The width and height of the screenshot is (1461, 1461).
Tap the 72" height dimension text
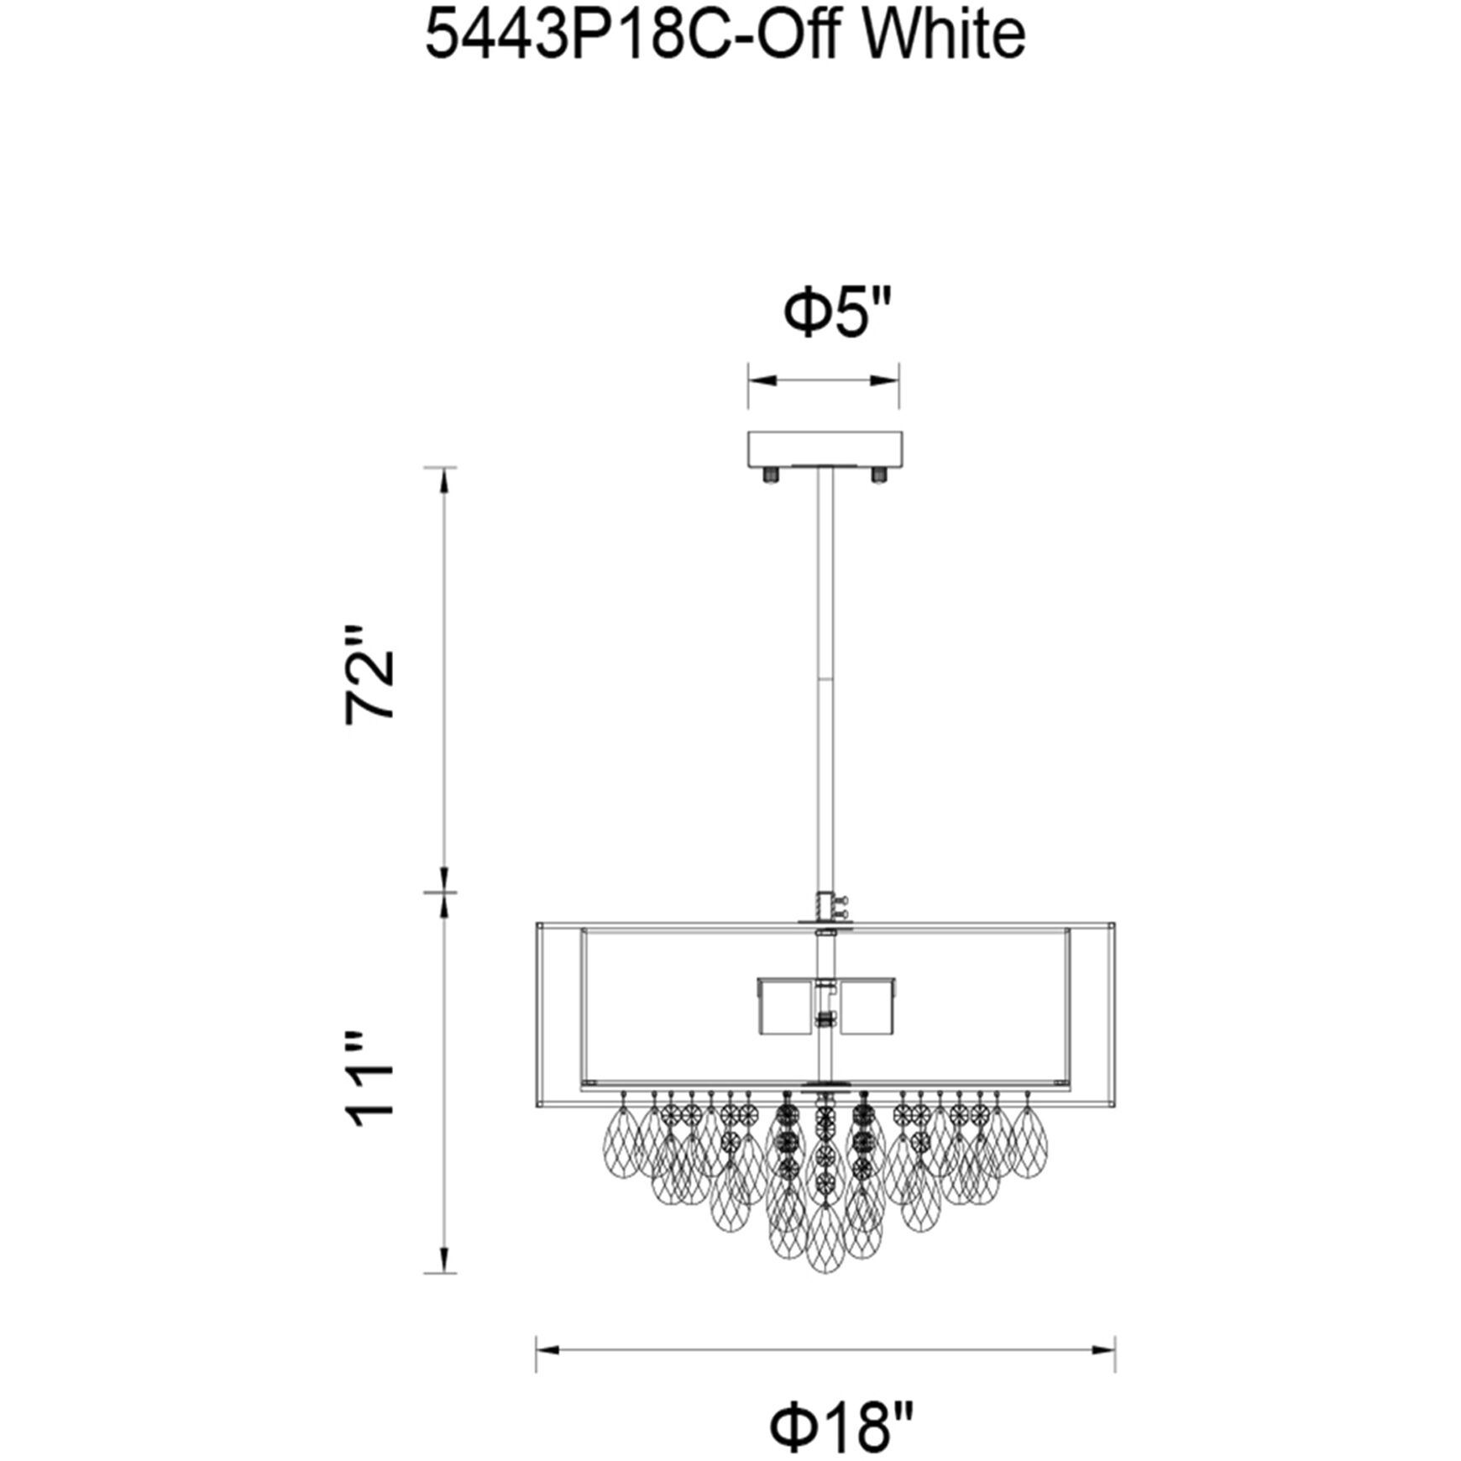[x=371, y=673]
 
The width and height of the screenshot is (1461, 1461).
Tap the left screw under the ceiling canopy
[x=769, y=475]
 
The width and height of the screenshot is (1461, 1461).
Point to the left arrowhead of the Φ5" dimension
[x=758, y=381]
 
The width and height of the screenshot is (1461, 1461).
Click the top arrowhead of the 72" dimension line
[x=444, y=479]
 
